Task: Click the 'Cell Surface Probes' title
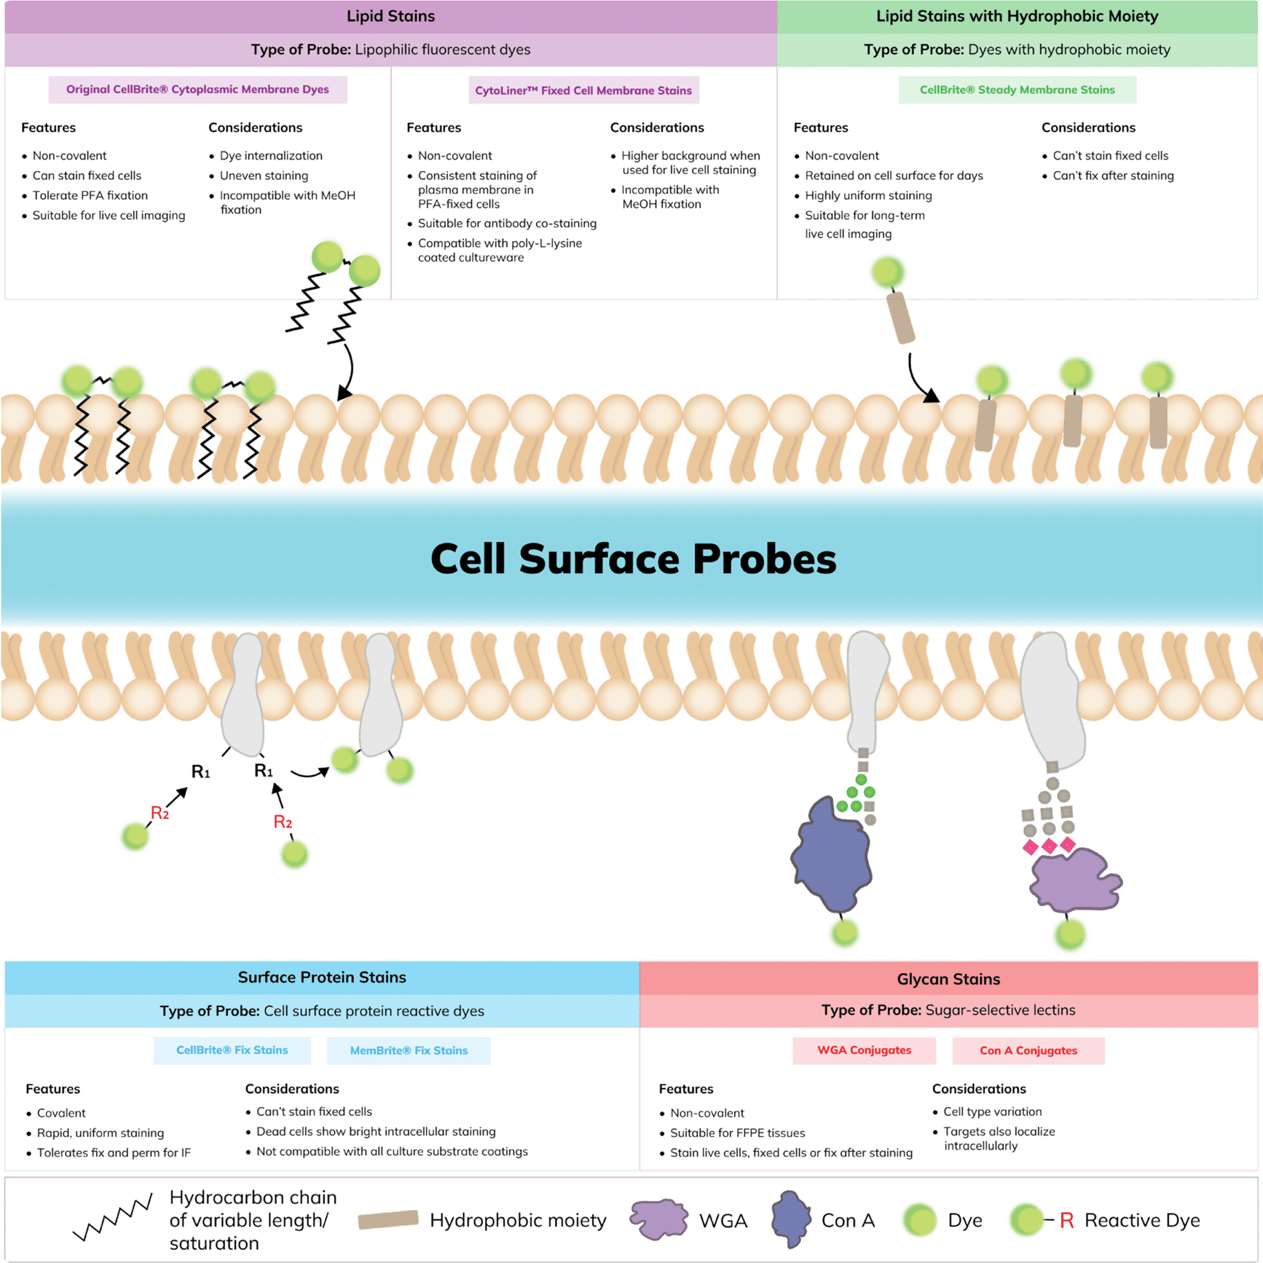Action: [x=633, y=560]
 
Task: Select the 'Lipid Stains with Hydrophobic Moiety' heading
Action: [x=1017, y=16]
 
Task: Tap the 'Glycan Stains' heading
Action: [x=948, y=979]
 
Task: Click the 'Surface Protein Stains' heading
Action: [x=321, y=977]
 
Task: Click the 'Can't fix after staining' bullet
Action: [x=1113, y=176]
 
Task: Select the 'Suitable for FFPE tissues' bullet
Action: [x=737, y=1133]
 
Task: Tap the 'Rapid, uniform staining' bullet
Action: [x=100, y=1133]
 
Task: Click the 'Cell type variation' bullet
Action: [x=992, y=1111]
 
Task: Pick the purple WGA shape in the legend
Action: [x=659, y=1219]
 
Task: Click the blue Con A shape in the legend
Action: [x=791, y=1219]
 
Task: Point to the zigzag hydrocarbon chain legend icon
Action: [x=113, y=1220]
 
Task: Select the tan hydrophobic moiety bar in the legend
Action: [x=388, y=1220]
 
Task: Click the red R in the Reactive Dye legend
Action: [x=1066, y=1220]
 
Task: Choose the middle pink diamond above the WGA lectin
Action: [x=1049, y=847]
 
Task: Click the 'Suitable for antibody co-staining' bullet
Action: [x=506, y=223]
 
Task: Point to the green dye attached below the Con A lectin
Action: [x=844, y=933]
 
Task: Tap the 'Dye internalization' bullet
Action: [x=270, y=155]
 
